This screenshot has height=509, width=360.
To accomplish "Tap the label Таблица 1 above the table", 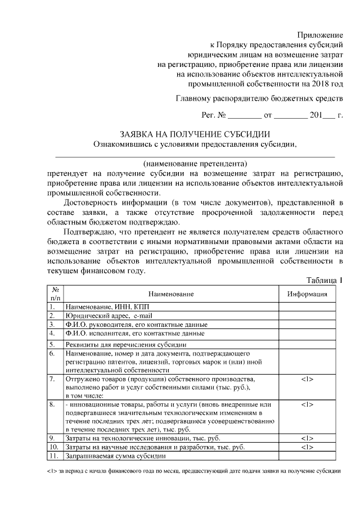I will [325, 280].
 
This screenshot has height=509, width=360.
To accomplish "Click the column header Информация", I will [307, 294].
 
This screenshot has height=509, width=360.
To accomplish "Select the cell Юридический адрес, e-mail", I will [109, 316].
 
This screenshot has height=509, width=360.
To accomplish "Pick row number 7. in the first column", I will [52, 379].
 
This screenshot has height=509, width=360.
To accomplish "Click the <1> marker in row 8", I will [307, 404].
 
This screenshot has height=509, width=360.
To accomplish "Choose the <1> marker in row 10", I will [307, 447].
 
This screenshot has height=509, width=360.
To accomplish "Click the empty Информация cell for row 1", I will [307, 307].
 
